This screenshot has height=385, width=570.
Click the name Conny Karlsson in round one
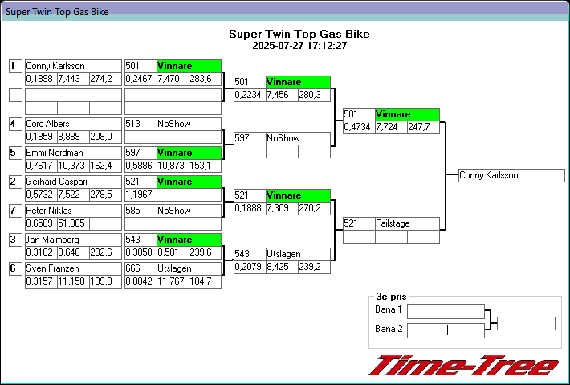pyautogui.click(x=73, y=66)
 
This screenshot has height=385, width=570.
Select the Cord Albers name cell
pyautogui.click(x=73, y=124)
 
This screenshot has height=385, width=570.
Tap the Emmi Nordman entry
pyautogui.click(x=73, y=153)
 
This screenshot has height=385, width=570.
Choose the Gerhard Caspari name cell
pyautogui.click(x=73, y=182)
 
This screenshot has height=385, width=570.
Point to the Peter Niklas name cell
pyautogui.click(x=73, y=211)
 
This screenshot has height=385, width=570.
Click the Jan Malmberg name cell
pyautogui.click(x=73, y=240)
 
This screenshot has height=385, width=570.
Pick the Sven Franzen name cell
pyautogui.click(x=73, y=268)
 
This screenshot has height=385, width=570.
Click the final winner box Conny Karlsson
pyautogui.click(x=511, y=175)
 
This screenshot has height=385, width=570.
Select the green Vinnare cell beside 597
pyautogui.click(x=189, y=153)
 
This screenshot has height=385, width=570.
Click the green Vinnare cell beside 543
pyautogui.click(x=189, y=240)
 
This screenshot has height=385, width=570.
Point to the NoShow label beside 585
pyautogui.click(x=189, y=211)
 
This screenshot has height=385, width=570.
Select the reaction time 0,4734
pyautogui.click(x=358, y=127)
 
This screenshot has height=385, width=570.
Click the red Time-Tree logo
pyautogui.click(x=463, y=366)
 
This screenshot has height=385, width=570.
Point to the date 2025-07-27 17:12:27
pyautogui.click(x=299, y=46)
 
